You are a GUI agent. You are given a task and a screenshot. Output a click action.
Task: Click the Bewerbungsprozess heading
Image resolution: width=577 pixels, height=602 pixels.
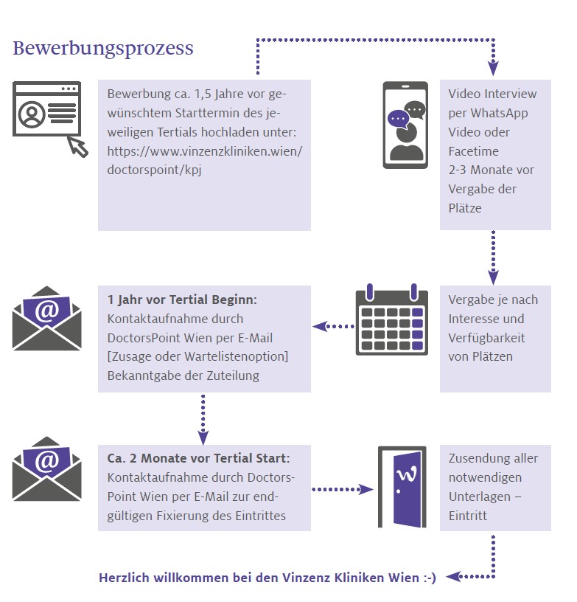(x=103, y=49)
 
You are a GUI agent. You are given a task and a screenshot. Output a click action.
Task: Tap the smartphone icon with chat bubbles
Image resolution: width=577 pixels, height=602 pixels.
(x=405, y=125)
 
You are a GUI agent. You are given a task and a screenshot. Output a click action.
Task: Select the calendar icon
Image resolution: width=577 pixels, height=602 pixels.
(x=392, y=319)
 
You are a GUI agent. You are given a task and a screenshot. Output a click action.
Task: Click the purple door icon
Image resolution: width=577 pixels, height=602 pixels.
(x=402, y=487)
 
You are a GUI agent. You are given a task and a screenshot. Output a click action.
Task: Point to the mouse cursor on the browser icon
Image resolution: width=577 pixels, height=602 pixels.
(x=78, y=147)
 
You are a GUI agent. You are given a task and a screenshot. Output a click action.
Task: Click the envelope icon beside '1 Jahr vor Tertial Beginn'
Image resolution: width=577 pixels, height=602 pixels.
(x=46, y=318)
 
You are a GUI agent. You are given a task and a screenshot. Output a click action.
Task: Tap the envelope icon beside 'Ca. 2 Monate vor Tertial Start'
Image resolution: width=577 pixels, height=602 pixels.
(x=46, y=468)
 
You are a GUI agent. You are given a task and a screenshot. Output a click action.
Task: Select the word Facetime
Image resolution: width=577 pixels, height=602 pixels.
(x=474, y=151)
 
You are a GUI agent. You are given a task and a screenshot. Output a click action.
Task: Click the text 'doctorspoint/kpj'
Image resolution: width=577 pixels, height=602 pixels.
(x=154, y=170)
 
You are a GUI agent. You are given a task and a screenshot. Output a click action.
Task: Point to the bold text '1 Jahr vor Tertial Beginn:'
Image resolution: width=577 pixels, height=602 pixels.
(x=182, y=300)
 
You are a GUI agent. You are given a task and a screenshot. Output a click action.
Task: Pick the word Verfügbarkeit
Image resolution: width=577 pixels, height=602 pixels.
(x=486, y=338)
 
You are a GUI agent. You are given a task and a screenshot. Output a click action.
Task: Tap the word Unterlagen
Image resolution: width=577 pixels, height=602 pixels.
(x=480, y=497)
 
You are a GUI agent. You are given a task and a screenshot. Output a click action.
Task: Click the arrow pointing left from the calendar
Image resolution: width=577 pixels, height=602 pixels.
(x=334, y=326)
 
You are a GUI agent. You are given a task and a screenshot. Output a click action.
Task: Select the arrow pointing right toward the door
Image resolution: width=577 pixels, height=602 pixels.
(x=343, y=489)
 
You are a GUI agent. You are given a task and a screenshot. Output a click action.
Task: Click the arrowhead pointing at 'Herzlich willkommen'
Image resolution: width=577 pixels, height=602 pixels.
(x=453, y=576)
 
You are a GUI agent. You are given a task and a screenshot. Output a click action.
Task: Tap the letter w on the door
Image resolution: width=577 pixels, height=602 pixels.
(x=407, y=474)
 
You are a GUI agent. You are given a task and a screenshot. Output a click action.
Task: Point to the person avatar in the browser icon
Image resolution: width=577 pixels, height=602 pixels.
(x=32, y=114)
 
